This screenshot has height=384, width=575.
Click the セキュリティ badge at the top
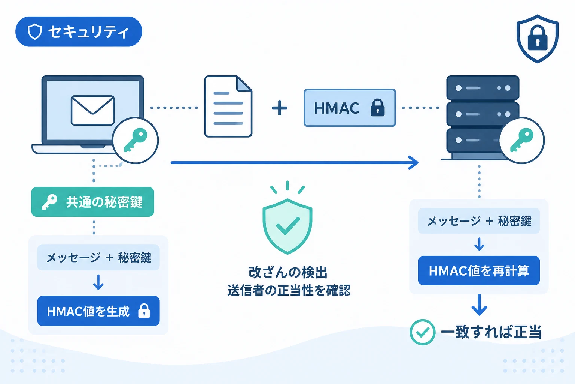point(79,31)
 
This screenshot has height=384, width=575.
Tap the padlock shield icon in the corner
point(537,39)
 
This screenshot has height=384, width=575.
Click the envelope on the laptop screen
point(93,110)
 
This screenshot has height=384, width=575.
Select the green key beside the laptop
point(136,140)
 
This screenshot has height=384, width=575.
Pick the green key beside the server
point(521,140)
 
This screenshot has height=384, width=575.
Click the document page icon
point(228,106)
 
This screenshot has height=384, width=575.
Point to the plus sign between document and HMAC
point(280,108)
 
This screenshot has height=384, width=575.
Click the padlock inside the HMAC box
point(378,108)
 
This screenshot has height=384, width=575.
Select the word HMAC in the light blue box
point(337,108)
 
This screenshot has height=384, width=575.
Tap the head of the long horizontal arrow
point(414,162)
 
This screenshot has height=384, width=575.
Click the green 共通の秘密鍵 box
point(93,202)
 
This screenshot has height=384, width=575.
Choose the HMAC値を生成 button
point(98,311)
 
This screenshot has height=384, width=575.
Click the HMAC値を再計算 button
point(479,271)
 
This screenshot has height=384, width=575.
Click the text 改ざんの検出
point(288,272)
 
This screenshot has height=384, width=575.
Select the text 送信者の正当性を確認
point(289,290)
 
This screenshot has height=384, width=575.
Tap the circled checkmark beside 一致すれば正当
point(422,332)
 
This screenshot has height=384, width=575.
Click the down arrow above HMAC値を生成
point(98,282)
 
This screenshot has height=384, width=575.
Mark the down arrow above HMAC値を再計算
point(479,244)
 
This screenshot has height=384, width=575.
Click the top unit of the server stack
point(483,88)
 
